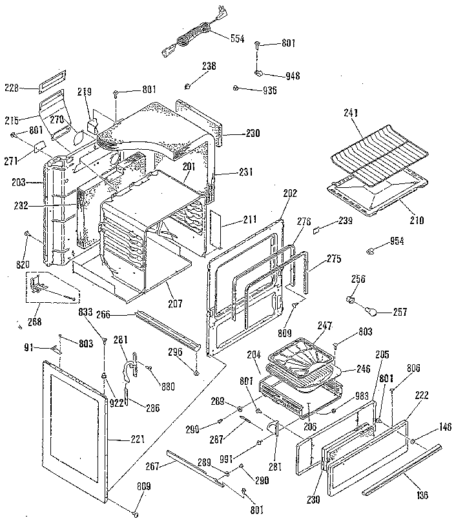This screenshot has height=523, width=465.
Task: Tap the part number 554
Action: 238,39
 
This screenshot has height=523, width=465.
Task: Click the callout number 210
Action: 417,220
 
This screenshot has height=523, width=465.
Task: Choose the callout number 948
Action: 293,76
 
